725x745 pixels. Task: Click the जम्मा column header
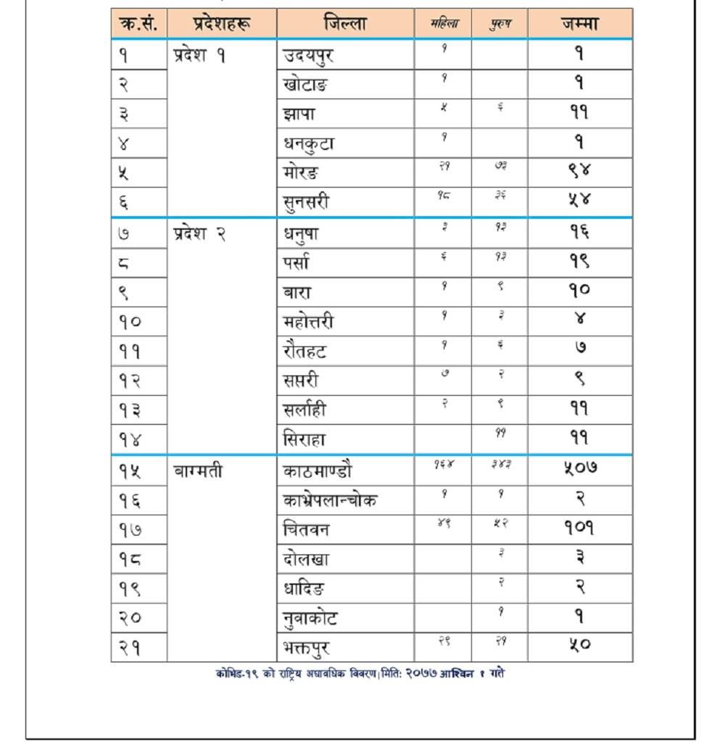579,23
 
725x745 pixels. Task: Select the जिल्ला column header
345,23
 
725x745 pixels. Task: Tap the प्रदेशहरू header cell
222,23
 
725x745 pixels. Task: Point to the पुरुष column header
500,24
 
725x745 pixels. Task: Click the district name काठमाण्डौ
317,471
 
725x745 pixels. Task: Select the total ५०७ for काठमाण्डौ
579,469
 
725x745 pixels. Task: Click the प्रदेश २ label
199,233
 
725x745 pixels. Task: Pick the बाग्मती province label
198,471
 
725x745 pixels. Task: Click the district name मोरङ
300,173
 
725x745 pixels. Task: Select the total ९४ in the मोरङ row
579,172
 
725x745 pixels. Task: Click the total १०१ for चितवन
579,528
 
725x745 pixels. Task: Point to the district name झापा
299,114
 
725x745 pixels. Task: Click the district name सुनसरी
306,202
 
